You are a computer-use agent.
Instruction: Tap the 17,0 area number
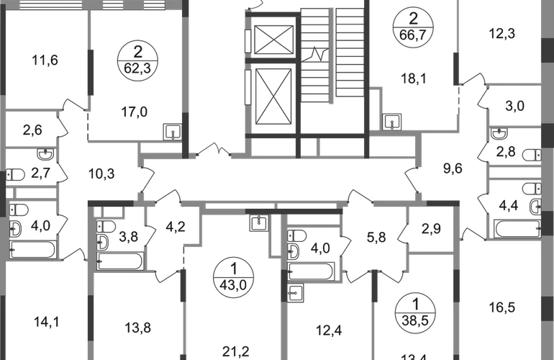pos(135,112)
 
